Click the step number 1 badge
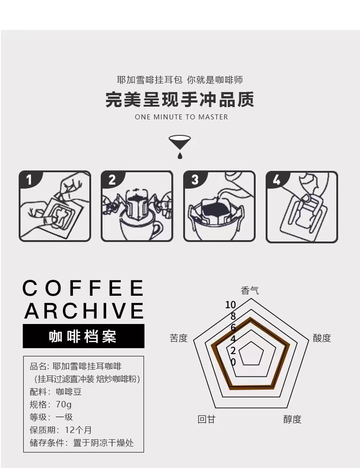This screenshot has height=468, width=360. (29, 180)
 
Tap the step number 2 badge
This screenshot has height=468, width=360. (111, 180)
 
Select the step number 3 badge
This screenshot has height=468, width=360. (194, 180)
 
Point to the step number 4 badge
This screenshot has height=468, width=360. (277, 180)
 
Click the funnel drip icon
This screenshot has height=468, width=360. (180, 147)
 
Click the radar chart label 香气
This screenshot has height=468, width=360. (250, 290)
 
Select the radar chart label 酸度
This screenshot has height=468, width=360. (322, 338)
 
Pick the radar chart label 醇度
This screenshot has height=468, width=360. (292, 419)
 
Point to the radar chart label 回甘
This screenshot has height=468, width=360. (206, 419)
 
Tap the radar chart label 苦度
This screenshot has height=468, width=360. (179, 338)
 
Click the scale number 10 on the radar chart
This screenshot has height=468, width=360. (231, 305)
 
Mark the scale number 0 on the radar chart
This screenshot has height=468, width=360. (233, 362)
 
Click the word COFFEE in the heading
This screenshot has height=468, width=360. (83, 288)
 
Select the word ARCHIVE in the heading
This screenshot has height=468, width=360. (84, 310)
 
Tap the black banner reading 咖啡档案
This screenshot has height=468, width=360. (83, 336)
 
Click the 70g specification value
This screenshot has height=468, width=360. (64, 404)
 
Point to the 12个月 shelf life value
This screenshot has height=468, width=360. (78, 430)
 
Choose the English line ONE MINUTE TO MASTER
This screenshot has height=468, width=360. (181, 117)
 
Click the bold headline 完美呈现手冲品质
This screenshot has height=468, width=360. (180, 99)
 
